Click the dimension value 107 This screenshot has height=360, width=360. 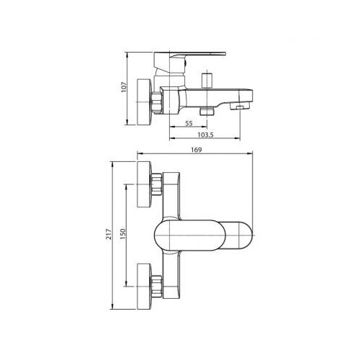pos(124,87)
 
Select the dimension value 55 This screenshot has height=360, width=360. pos(189,123)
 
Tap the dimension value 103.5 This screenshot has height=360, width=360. pos(205,135)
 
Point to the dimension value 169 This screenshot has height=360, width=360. pos(197,150)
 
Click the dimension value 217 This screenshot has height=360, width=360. pos(109,234)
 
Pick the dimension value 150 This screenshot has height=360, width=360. pos(122,234)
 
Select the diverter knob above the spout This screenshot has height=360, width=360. pos(207,81)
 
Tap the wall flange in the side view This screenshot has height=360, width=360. pos(144,102)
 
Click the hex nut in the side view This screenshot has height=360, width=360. pos(157,102)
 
